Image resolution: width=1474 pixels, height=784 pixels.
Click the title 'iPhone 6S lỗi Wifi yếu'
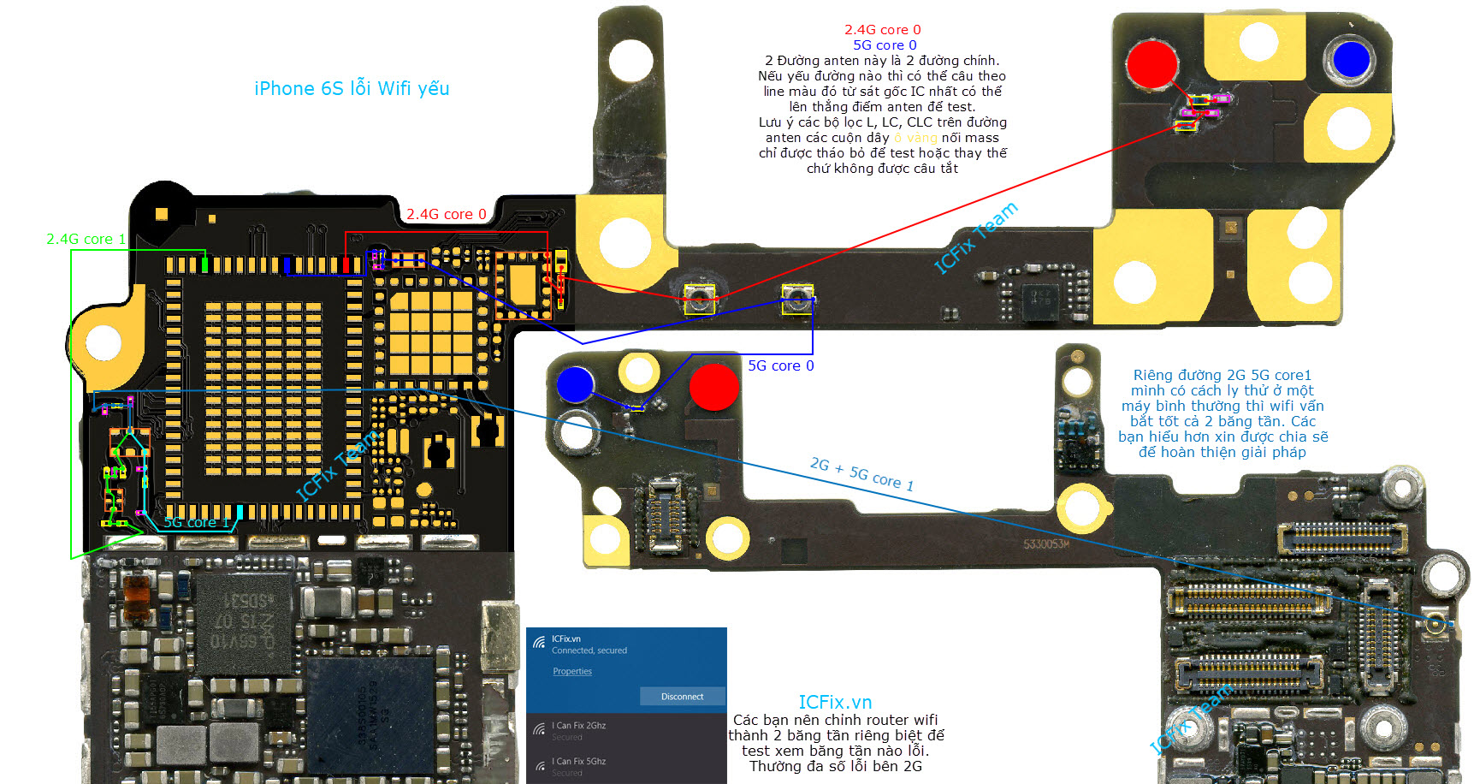click(x=352, y=88)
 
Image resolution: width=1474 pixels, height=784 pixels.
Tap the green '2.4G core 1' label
click(x=86, y=239)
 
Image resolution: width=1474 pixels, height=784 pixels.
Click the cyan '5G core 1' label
click(x=197, y=522)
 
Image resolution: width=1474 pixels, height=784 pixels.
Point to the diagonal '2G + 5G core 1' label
click(x=861, y=474)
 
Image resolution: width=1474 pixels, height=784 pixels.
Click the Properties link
click(x=572, y=671)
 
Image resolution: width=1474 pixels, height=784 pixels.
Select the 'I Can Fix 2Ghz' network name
click(x=579, y=725)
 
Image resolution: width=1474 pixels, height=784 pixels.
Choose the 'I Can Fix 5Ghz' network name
click(x=579, y=761)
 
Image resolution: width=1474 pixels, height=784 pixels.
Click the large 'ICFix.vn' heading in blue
click(x=835, y=702)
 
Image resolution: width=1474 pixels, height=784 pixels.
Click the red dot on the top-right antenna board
click(x=1151, y=63)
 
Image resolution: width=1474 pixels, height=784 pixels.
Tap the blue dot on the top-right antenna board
click(x=1351, y=60)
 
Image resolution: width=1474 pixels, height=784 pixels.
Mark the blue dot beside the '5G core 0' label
click(x=575, y=384)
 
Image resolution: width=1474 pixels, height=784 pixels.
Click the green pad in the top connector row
click(x=204, y=264)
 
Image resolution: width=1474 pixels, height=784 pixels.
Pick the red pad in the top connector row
click(x=346, y=264)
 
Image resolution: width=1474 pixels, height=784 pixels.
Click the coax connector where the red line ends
click(x=699, y=299)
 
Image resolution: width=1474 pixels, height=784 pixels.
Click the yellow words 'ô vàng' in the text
click(x=915, y=138)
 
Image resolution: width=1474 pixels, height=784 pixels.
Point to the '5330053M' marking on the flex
click(x=1046, y=544)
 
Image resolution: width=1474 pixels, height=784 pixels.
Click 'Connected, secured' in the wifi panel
click(x=589, y=650)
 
